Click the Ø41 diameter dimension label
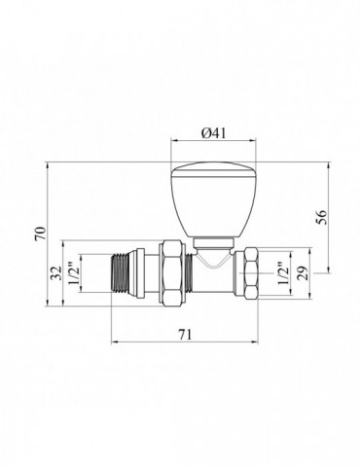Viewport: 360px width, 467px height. point(213,133)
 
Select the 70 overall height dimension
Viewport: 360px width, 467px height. point(41,234)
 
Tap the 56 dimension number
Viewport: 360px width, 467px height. point(321,217)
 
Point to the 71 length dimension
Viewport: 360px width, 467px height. point(185,335)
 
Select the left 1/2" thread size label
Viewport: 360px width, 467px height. point(73,273)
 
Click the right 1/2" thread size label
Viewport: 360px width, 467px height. point(282,273)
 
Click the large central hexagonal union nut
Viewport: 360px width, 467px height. point(171,273)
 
